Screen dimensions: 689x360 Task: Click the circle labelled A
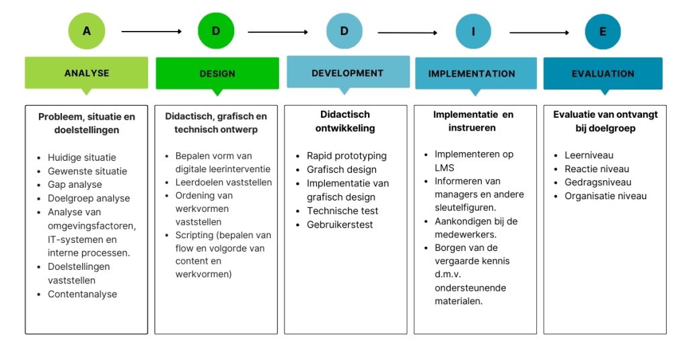(87, 31)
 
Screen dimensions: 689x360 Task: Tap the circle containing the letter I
(473, 31)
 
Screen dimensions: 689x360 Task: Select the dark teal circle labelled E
(603, 32)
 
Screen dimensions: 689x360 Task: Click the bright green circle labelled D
(216, 31)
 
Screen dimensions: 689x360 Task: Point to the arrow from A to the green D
(151, 32)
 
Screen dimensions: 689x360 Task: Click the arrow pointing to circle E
(539, 32)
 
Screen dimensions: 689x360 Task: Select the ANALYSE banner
(87, 73)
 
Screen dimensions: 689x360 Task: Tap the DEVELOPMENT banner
(348, 73)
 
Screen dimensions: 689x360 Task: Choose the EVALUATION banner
(603, 73)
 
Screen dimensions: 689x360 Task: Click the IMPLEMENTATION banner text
(472, 74)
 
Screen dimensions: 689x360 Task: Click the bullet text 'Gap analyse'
(75, 184)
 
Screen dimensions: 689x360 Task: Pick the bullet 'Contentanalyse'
(82, 294)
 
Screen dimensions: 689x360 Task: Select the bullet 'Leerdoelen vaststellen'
(223, 182)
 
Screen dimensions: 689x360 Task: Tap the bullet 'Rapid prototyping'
(347, 155)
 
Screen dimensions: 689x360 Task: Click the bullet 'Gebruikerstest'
(340, 225)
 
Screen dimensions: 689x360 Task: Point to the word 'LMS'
(444, 168)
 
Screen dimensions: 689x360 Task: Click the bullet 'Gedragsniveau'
(597, 182)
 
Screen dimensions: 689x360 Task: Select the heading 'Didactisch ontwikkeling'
(345, 121)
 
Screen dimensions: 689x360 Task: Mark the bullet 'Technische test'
(342, 211)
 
